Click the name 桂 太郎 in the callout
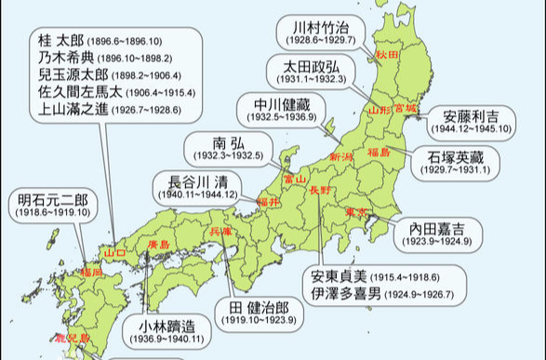coord(58,42)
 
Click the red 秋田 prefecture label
coord(387,56)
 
